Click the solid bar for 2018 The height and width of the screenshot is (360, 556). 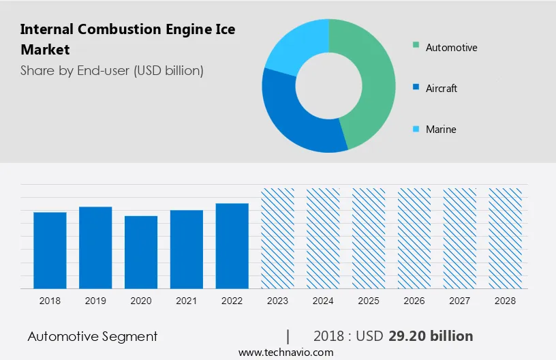point(50,250)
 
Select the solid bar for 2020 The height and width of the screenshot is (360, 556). point(141,252)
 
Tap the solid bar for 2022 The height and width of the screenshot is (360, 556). point(232,245)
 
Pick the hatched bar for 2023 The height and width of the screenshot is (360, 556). point(278,238)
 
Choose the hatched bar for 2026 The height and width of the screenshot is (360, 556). point(414,238)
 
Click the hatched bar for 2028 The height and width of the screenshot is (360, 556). point(506,238)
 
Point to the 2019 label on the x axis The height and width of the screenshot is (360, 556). point(95,301)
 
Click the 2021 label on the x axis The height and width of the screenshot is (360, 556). point(187,301)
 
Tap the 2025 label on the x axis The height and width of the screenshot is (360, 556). point(369,301)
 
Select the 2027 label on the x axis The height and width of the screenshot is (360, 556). point(460,301)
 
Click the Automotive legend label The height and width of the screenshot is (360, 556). point(451,48)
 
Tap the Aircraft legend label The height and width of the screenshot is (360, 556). point(442,89)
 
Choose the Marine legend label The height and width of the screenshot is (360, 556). point(441,130)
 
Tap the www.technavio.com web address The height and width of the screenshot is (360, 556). point(285,352)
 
